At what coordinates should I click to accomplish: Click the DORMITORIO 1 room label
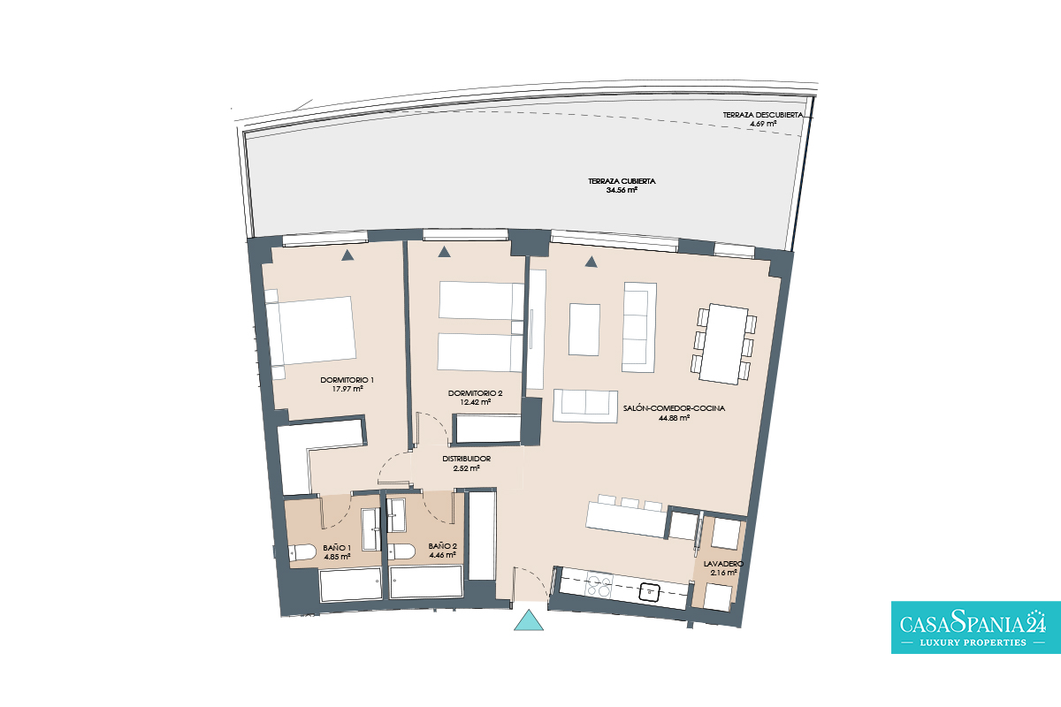347,380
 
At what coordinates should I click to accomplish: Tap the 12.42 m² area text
475,402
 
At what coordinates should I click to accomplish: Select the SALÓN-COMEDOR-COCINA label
674,408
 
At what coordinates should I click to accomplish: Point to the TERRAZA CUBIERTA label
622,181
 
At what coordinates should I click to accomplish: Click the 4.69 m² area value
762,124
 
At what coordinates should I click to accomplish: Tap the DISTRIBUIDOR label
467,459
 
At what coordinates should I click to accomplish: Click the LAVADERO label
723,564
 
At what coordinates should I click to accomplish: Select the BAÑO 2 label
442,546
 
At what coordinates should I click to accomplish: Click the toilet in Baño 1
302,552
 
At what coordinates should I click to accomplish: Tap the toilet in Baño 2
401,551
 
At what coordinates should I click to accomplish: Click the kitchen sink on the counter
649,592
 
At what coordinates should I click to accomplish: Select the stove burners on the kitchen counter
599,586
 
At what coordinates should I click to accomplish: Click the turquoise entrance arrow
529,620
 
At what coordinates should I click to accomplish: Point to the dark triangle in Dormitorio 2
444,252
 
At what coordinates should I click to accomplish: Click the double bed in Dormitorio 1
310,334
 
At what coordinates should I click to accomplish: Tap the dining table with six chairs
723,344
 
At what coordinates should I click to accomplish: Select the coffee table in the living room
584,330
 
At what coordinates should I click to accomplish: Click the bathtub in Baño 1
350,585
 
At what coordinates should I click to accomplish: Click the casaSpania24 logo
976,627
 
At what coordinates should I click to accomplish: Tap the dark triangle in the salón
591,262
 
